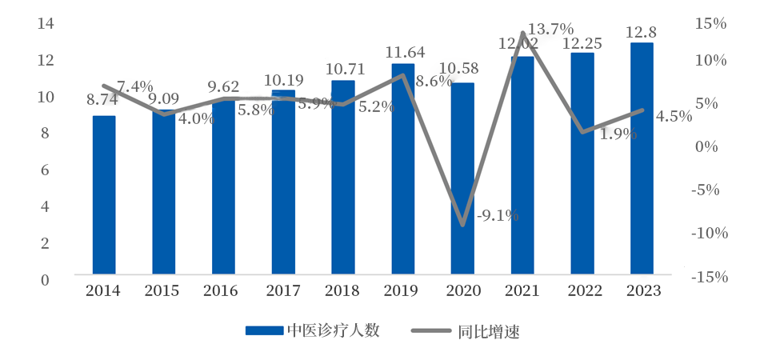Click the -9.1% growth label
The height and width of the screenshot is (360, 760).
pos(498,215)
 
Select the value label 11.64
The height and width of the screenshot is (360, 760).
pos(404,52)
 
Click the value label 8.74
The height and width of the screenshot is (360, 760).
pos(102,101)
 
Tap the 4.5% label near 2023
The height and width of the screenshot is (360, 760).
pos(673,117)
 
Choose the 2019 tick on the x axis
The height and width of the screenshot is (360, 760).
pos(403,291)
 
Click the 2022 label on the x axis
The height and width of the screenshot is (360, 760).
pos(582,291)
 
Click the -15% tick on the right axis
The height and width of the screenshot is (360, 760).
pos(710,278)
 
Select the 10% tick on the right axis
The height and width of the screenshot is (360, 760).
pos(710,60)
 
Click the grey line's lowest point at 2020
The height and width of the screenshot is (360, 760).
pos(462,225)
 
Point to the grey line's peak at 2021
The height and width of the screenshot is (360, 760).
pos(522,34)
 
